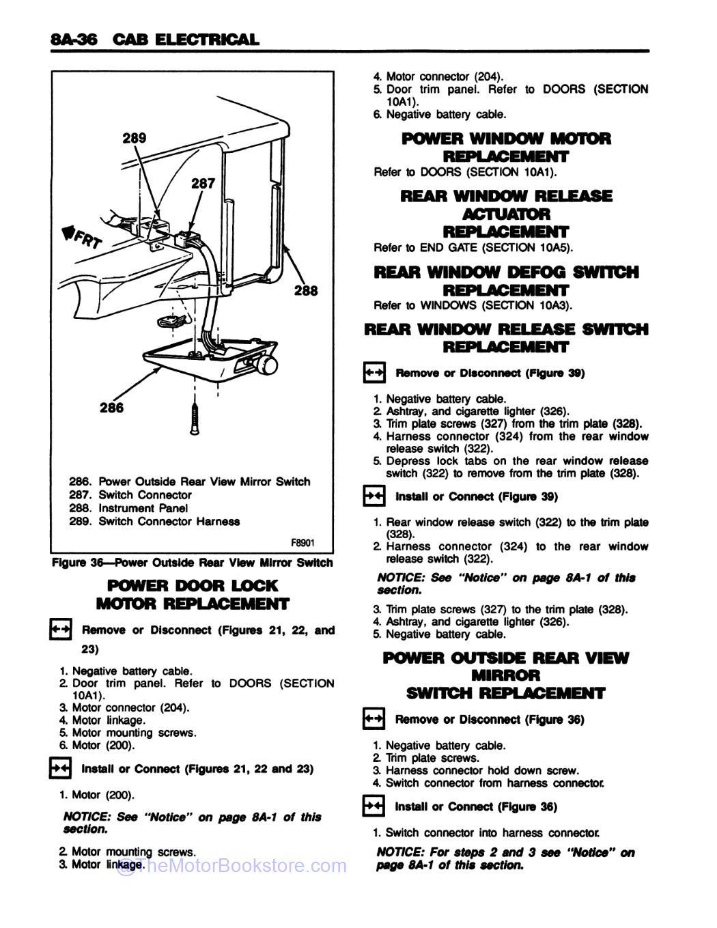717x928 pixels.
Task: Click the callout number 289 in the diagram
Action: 134,139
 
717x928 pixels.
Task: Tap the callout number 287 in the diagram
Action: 203,183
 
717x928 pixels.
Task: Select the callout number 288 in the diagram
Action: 306,291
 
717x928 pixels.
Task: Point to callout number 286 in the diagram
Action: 111,408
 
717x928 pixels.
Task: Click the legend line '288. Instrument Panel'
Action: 128,508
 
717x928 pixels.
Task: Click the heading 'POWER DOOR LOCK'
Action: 193,586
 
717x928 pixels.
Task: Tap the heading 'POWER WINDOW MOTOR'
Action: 506,139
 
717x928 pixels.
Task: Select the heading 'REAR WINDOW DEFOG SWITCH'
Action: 506,272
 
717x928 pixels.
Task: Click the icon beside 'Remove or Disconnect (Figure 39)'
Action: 374,373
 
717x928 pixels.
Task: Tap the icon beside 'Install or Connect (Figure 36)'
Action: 374,807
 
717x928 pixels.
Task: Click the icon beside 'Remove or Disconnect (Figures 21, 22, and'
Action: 60,630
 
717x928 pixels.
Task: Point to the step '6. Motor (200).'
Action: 97,745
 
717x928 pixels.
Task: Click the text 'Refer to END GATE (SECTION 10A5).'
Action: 473,248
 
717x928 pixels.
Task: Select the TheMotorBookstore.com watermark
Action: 232,867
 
